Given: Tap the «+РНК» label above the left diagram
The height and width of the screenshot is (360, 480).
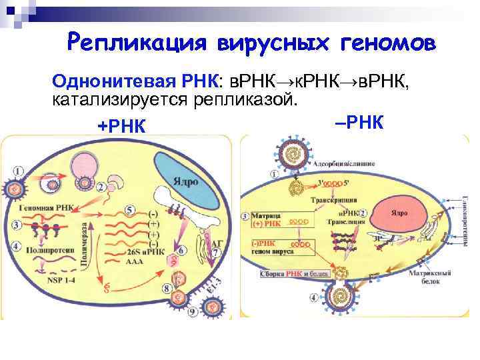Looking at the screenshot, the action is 121,127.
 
